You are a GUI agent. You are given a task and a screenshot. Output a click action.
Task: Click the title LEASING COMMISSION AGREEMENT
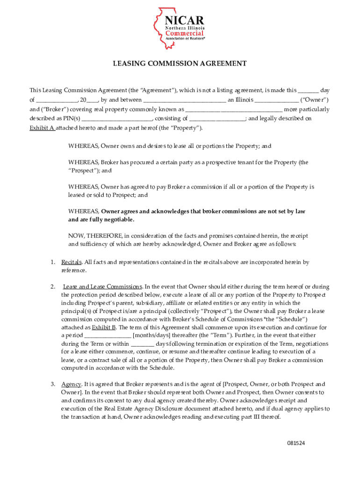[180, 63]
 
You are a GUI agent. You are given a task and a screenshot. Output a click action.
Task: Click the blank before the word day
[308, 90]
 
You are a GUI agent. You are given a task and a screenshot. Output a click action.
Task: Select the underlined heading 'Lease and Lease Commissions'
[102, 286]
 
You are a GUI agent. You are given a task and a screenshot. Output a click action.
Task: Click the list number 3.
[53, 384]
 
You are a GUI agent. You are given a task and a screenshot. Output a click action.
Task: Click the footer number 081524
[296, 443]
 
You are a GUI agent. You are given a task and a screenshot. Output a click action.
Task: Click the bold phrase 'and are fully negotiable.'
[101, 219]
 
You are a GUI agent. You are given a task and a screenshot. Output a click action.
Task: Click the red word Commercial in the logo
[185, 33]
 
